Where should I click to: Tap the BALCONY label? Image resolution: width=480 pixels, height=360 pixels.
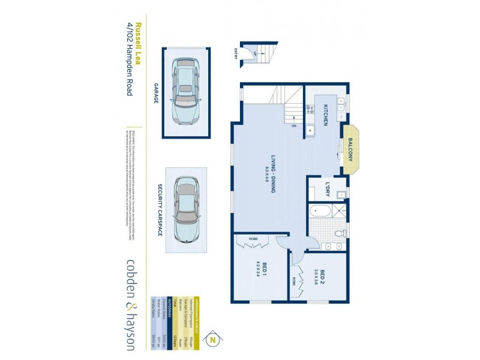(x=350, y=149)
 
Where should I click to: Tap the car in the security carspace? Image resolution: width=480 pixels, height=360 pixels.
(x=187, y=210)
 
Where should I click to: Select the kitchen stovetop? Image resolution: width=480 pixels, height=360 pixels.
(x=311, y=109)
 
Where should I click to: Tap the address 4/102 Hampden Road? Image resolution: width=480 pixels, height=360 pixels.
(x=129, y=59)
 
